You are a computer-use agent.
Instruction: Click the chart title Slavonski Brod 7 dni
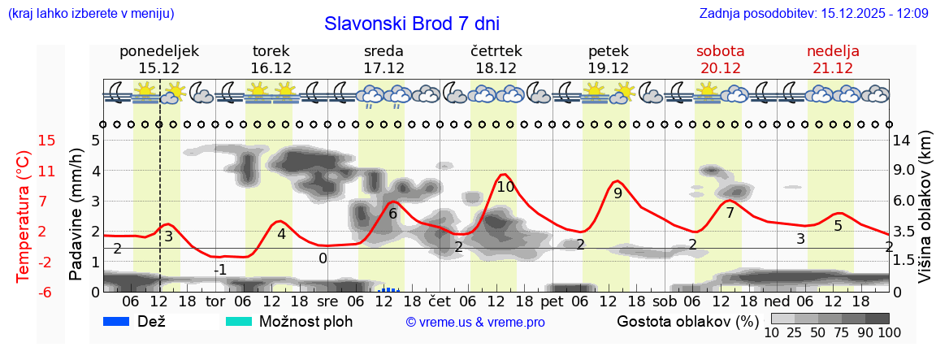(412, 24)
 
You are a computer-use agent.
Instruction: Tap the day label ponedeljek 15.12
(158, 59)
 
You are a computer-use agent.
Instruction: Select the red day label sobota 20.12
(720, 59)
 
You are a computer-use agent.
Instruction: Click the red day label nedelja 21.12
(833, 59)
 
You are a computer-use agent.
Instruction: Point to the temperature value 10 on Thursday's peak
(505, 187)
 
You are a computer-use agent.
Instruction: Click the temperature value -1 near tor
(219, 270)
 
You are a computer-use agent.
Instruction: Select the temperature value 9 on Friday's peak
(617, 193)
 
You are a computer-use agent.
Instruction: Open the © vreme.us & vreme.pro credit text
(475, 323)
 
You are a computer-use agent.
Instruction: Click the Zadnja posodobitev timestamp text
(813, 14)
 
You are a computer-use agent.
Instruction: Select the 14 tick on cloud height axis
(902, 141)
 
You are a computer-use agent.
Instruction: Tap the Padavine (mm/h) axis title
(76, 215)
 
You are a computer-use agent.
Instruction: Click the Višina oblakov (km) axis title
(925, 208)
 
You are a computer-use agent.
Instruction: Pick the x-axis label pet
(552, 301)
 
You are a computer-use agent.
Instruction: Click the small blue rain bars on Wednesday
(389, 288)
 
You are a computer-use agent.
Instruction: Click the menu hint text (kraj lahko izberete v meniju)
(90, 14)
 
